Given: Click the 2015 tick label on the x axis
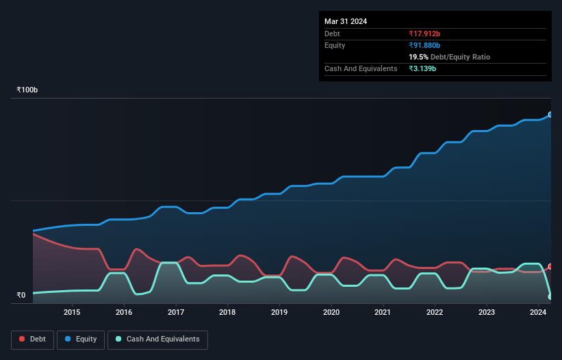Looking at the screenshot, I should (72, 313).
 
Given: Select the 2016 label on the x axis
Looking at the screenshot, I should (124, 313).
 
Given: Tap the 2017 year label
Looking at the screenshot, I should (176, 313).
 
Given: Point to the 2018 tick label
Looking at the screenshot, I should (227, 313).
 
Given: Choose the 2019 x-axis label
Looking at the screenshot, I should (279, 313).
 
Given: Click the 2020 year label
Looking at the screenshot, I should (331, 313).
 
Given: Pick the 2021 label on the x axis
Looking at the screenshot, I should (383, 313).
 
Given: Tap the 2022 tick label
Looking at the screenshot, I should (435, 313).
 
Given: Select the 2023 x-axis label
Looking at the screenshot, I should (487, 313).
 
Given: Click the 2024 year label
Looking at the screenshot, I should (538, 313).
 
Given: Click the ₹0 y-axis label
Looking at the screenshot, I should (21, 296).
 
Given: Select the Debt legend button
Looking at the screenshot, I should (31, 339).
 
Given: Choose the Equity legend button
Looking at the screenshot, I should (81, 339).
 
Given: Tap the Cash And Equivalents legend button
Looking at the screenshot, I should (157, 339).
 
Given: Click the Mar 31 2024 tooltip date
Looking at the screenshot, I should (346, 21).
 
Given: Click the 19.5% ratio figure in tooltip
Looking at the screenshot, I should (418, 57).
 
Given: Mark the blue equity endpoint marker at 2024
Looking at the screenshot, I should (550, 115).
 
